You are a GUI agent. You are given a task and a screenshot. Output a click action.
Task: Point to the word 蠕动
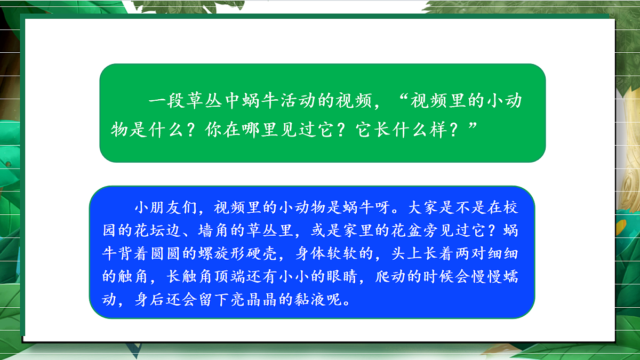[510, 277]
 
